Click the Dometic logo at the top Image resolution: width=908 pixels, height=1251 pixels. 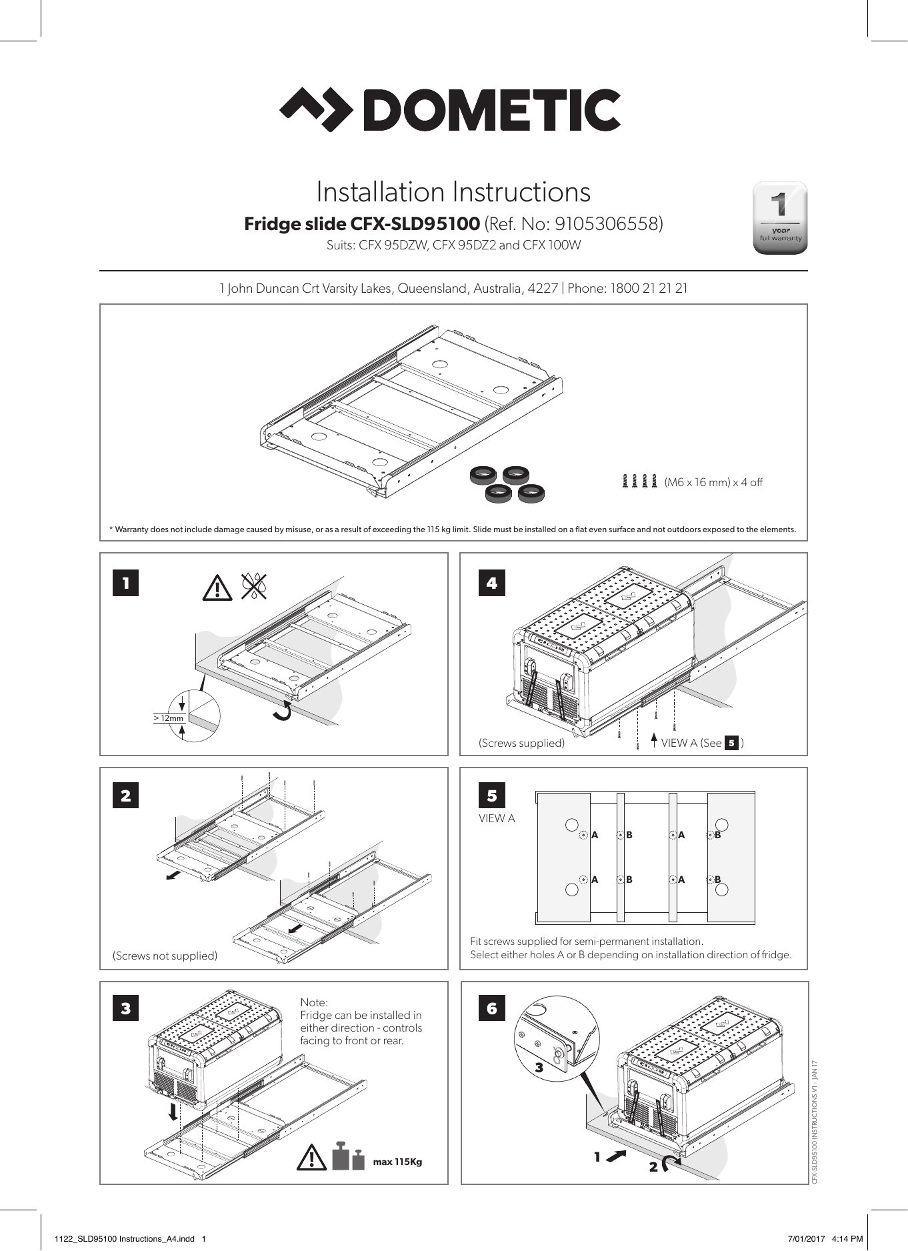click(450, 109)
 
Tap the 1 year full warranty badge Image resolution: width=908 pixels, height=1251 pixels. click(779, 217)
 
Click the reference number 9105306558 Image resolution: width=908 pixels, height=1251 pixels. click(608, 223)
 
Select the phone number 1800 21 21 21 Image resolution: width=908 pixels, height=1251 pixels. click(649, 289)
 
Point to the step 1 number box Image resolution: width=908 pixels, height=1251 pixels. click(125, 583)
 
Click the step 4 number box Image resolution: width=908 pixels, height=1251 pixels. click(491, 583)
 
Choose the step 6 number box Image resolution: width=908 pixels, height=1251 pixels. click(492, 1008)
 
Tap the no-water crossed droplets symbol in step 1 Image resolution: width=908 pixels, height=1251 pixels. click(254, 586)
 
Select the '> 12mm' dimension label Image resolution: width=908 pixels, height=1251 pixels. click(168, 718)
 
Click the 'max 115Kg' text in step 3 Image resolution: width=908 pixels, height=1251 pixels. click(397, 1162)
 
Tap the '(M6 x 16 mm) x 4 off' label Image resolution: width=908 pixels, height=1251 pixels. click(713, 482)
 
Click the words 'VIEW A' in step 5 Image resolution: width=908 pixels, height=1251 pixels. click(497, 818)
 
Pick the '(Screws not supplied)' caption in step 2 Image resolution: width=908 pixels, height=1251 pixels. click(165, 956)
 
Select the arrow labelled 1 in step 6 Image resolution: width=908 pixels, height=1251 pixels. click(616, 1156)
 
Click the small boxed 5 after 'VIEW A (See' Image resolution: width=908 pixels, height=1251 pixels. click(731, 743)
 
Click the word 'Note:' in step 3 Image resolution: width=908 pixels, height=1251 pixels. click(314, 1002)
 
